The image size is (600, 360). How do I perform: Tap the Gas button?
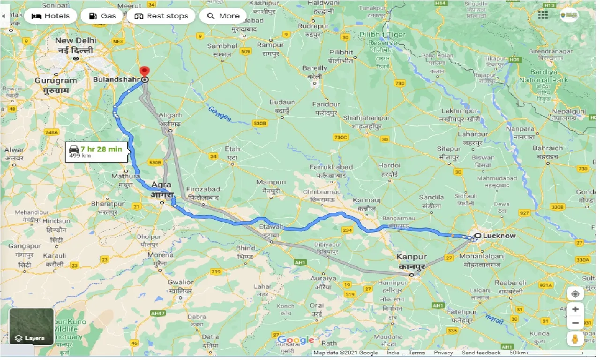click(x=102, y=16)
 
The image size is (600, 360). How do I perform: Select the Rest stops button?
click(x=161, y=16)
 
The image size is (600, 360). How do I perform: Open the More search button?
click(x=223, y=16)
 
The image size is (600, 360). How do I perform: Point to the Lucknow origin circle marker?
click(x=477, y=236)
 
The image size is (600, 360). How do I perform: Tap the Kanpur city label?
click(x=412, y=257)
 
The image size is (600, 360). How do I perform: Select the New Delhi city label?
click(x=75, y=41)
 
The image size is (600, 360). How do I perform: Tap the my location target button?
click(x=575, y=294)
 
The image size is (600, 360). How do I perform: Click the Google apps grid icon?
click(x=543, y=15)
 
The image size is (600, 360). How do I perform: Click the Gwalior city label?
click(x=180, y=282)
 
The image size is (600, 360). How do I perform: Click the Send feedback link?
click(x=480, y=353)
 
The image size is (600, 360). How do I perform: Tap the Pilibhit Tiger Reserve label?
click(x=382, y=38)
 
